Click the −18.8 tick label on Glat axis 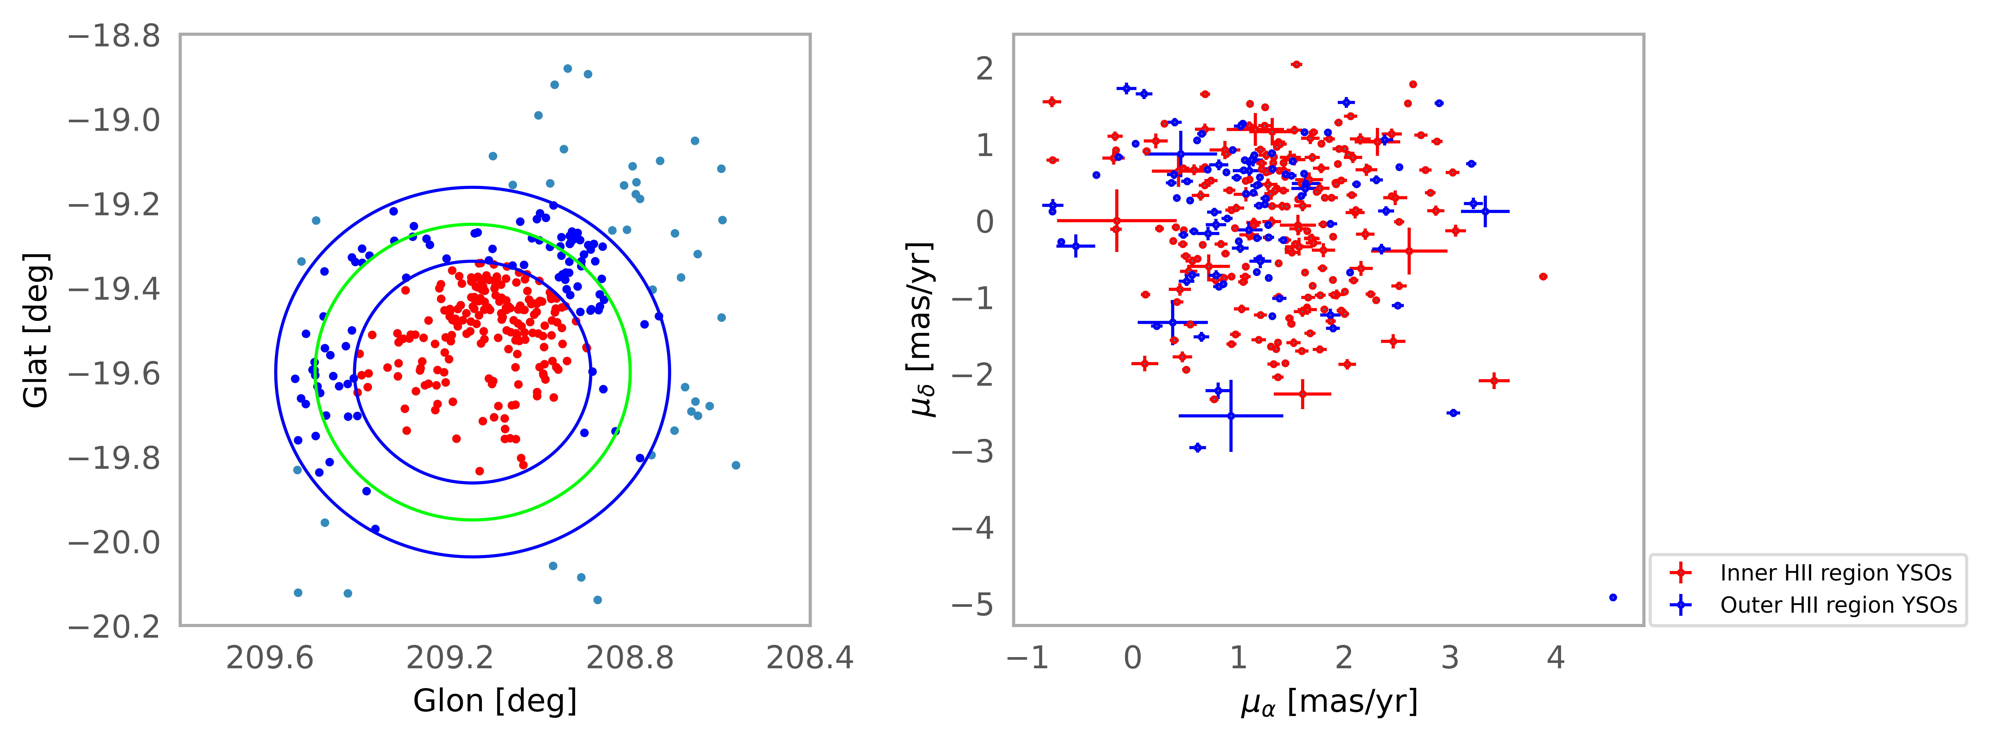click(114, 36)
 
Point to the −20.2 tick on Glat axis click(114, 626)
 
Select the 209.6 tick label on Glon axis click(269, 658)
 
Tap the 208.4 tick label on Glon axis click(809, 658)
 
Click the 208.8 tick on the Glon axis click(630, 658)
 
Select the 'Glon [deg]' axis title click(495, 701)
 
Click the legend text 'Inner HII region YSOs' click(1835, 573)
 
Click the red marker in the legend click(1680, 573)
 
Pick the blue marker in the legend click(1680, 605)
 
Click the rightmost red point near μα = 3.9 click(1543, 276)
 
